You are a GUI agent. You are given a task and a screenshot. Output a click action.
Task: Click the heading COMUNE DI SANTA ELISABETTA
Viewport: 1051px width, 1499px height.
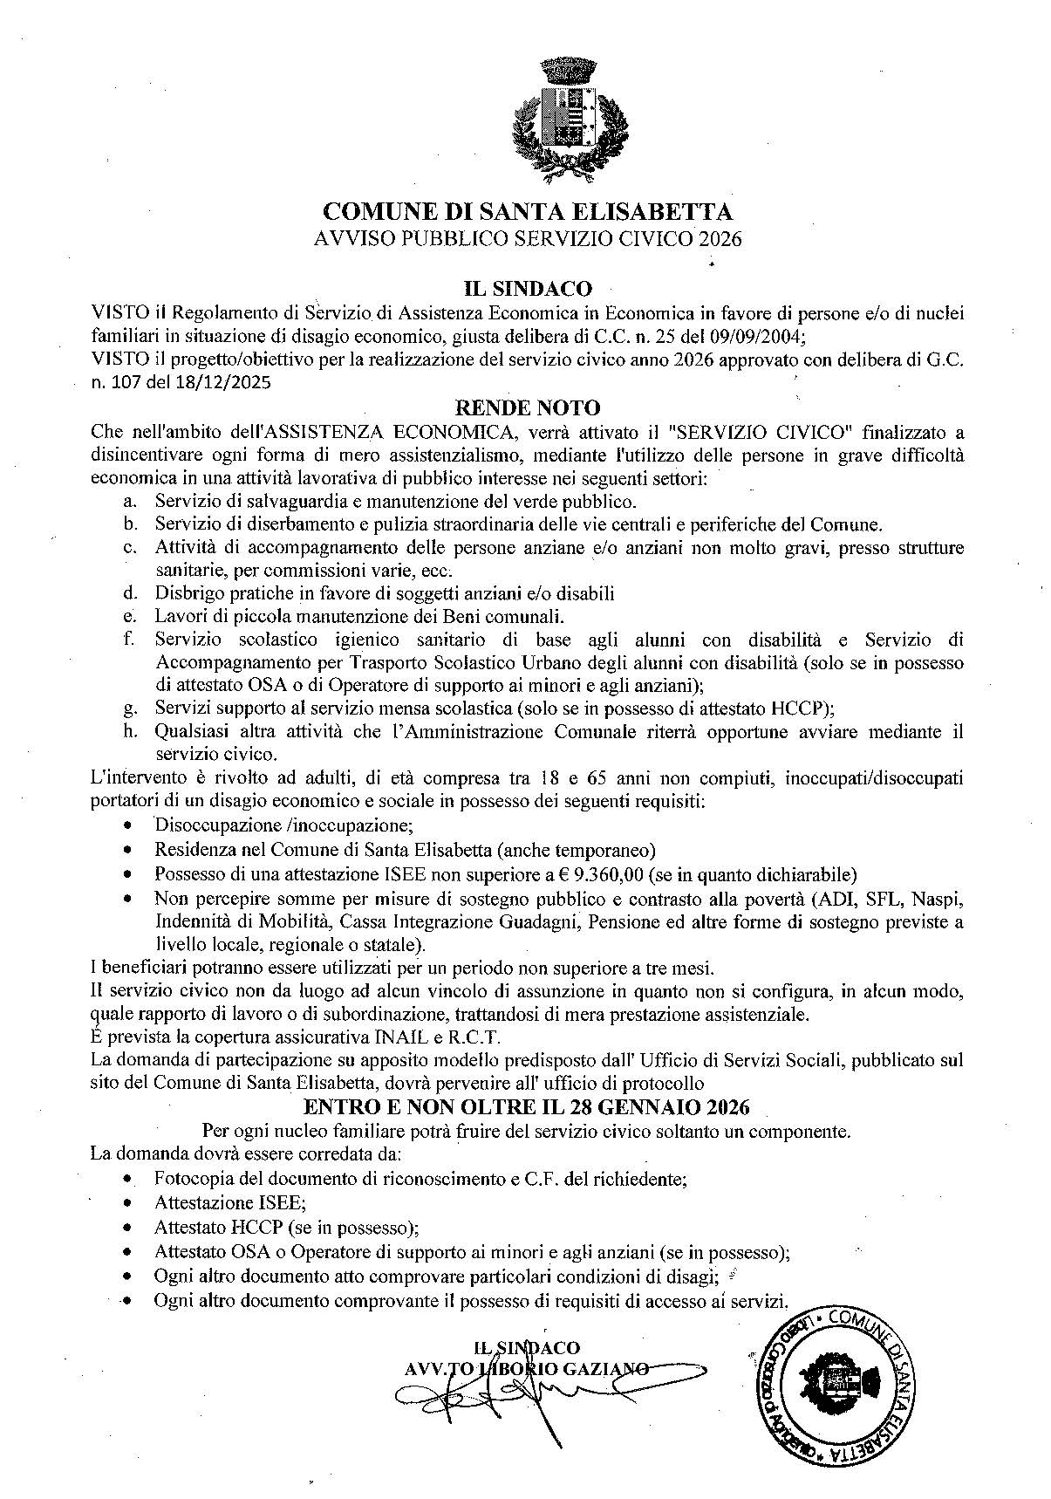(527, 212)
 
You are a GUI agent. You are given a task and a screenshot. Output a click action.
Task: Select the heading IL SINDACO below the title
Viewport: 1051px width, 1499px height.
(527, 288)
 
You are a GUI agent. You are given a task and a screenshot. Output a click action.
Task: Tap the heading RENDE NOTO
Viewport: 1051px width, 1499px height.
(528, 407)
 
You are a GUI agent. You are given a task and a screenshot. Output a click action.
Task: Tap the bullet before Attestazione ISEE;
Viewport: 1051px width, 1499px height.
(129, 1203)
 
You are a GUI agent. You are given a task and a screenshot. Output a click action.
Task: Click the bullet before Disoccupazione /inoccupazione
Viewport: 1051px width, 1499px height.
(129, 825)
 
